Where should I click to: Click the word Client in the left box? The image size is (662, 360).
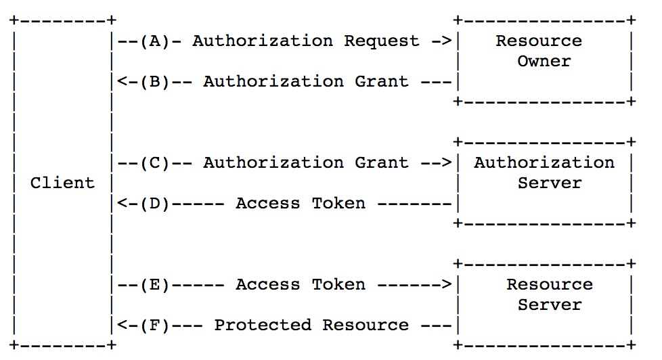click(62, 183)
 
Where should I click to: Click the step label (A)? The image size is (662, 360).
click(154, 41)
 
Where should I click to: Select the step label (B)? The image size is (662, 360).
click(154, 81)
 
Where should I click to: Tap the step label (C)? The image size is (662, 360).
click(154, 162)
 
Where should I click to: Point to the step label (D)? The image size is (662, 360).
click(154, 203)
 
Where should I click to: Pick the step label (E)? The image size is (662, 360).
click(154, 284)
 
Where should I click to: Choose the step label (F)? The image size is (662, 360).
click(154, 325)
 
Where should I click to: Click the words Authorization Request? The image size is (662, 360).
click(306, 41)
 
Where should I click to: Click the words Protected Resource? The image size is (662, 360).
click(311, 325)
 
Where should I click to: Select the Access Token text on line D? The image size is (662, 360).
click(301, 203)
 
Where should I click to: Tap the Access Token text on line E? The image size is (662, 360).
click(301, 284)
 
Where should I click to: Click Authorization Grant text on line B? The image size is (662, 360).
click(306, 81)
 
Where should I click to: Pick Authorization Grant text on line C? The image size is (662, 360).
click(306, 162)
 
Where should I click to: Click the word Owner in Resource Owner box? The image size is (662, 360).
click(544, 61)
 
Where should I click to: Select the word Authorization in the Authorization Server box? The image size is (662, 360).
click(544, 162)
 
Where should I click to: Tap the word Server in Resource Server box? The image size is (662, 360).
click(550, 305)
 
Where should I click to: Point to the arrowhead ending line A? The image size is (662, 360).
click(447, 41)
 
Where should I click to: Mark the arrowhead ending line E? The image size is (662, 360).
click(447, 284)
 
